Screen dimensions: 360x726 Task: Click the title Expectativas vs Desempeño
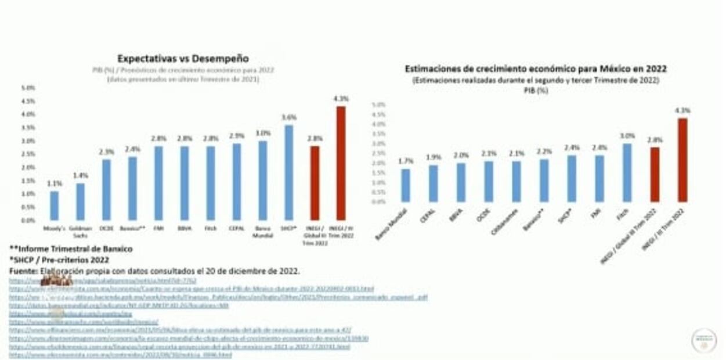click(183, 59)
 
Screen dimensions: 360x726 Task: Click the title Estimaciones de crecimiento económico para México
click(535, 69)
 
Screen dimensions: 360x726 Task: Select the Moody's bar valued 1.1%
click(55, 206)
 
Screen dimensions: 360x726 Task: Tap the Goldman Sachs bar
click(80, 201)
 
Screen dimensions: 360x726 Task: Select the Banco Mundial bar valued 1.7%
click(405, 185)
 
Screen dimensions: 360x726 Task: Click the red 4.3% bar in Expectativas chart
click(341, 163)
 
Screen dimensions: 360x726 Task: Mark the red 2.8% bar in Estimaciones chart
click(655, 174)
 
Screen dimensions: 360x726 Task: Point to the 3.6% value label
click(289, 117)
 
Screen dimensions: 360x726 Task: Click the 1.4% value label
click(80, 175)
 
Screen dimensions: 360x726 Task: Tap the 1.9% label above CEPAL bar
click(433, 157)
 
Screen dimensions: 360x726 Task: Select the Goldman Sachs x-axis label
click(80, 232)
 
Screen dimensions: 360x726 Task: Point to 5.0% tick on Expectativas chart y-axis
click(28, 88)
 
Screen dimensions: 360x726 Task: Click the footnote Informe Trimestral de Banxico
click(71, 249)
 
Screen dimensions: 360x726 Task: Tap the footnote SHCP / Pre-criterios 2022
click(59, 260)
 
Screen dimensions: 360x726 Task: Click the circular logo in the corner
click(703, 340)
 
